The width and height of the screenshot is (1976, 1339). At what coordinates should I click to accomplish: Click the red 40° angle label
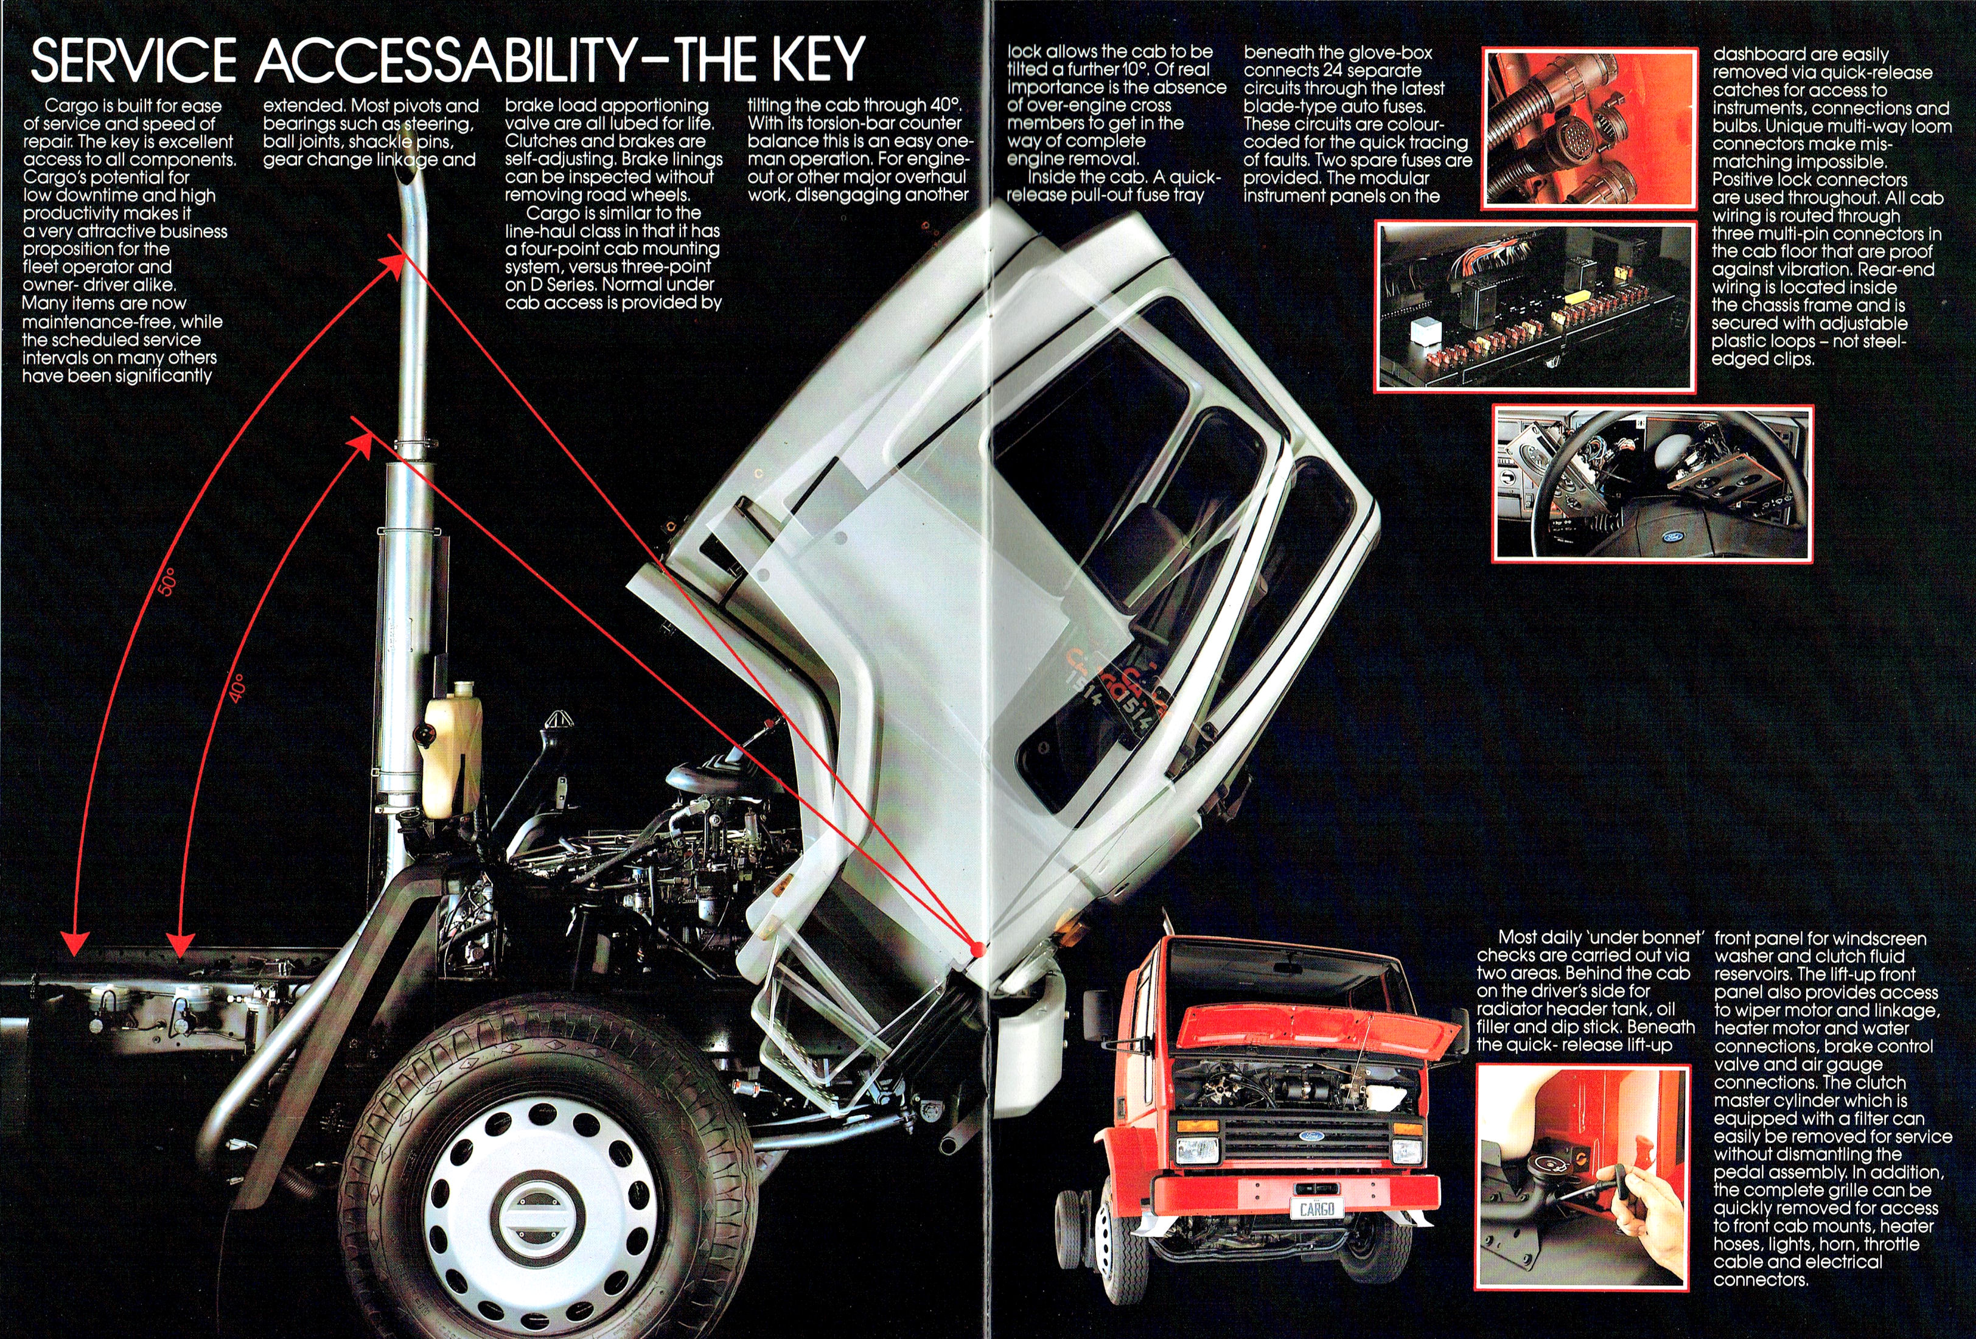point(237,688)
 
